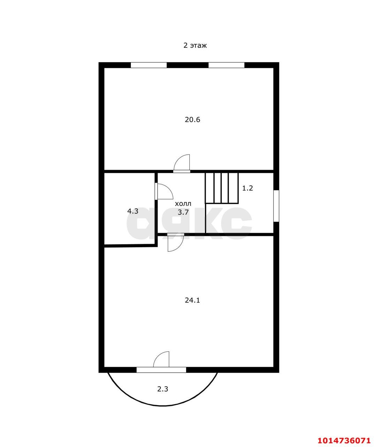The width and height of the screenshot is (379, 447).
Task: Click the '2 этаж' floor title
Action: coord(195,45)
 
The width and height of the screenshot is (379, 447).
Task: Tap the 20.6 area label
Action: coord(192,119)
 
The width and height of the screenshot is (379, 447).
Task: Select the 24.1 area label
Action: coord(192,300)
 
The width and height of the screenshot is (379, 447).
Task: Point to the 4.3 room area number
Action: coord(132,211)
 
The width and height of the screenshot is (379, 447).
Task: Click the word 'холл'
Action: coord(183,204)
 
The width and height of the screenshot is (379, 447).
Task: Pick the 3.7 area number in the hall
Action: coord(183,212)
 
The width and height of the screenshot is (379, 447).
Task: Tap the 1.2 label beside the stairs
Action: coord(248,188)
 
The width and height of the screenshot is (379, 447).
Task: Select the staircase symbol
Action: coord(222,188)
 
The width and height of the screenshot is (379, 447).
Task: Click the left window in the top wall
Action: coord(149,65)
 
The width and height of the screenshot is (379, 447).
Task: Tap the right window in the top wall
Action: coord(226,65)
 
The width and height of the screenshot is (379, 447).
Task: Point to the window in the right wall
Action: coord(276,206)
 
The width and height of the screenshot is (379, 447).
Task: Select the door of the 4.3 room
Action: coord(164,191)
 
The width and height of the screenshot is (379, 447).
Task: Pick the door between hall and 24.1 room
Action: coord(176,243)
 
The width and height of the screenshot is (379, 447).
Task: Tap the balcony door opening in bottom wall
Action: coord(161,370)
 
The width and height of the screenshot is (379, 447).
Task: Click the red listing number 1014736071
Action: coord(344,439)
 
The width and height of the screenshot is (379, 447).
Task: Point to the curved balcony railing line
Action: coord(162,406)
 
